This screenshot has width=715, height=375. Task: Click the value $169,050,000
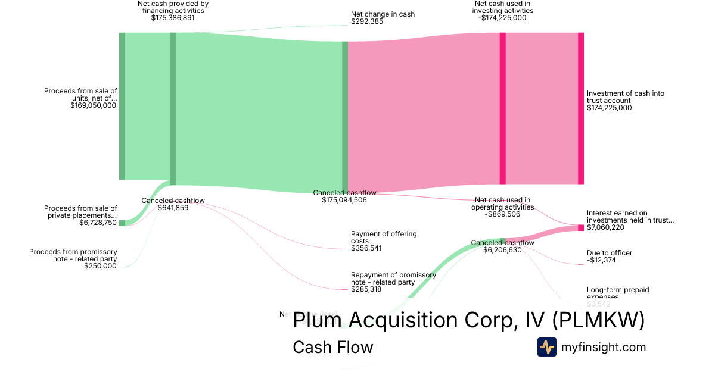pos(93,105)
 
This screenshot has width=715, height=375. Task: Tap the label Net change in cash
pos(383,14)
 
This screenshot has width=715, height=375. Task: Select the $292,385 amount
pos(367,21)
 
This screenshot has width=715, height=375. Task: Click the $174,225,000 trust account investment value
pos(609,108)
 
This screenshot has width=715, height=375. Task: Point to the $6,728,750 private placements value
pos(98,223)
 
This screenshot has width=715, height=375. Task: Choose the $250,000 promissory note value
pos(101,266)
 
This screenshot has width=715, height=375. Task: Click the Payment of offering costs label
pos(384,237)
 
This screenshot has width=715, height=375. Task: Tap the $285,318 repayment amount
pos(366,289)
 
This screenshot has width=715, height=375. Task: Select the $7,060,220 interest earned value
pos(605,227)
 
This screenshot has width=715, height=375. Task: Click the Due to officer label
pos(609,253)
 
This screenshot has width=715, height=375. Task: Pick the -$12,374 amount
pos(601,260)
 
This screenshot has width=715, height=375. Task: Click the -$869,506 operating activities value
pos(502,214)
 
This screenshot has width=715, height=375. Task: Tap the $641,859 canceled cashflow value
pos(173,208)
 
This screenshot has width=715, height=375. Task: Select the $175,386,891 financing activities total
pos(173,18)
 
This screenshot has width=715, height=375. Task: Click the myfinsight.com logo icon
pos(546,347)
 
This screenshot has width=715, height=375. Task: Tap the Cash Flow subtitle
pos(332,347)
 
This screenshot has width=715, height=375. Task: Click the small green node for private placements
pos(122,223)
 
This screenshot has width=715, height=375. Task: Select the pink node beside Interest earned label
pos(581,228)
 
